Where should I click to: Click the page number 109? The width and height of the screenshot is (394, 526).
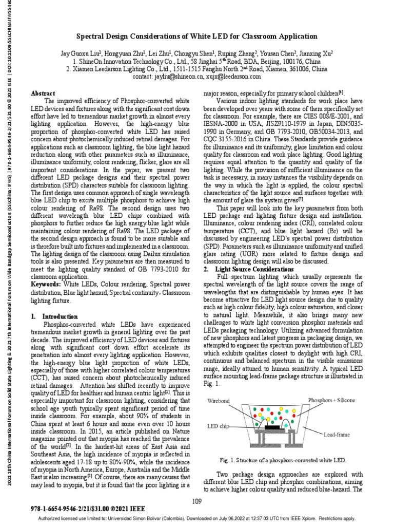pos(196,501)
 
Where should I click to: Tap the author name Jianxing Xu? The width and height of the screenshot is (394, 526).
pos(316,53)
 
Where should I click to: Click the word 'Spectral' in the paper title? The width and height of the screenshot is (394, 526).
pos(91,36)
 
